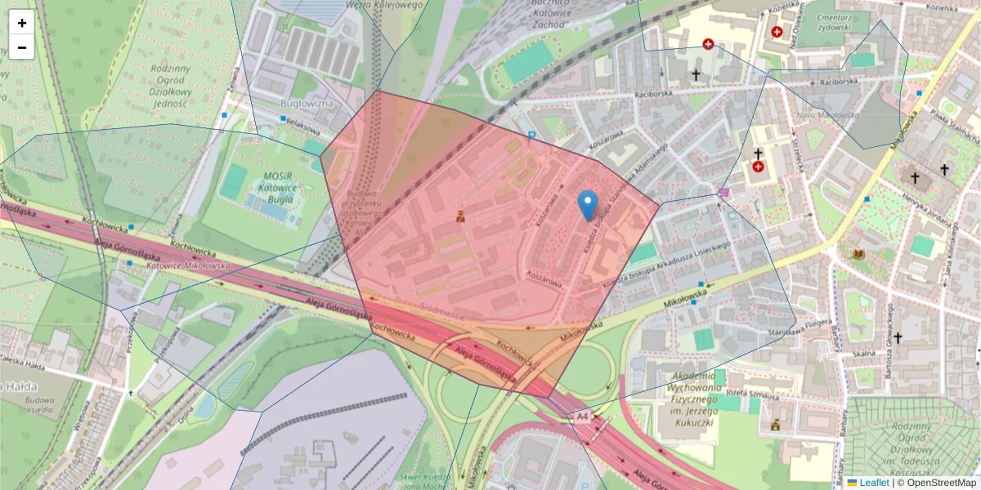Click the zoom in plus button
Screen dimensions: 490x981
click(22, 23)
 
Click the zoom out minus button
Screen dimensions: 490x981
click(22, 47)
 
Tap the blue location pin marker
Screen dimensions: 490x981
click(587, 204)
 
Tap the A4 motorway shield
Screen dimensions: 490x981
click(581, 416)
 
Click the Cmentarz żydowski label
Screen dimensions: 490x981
click(835, 22)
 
